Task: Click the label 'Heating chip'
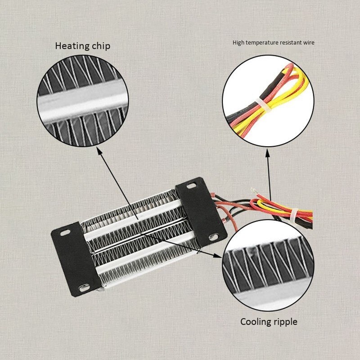(82, 46)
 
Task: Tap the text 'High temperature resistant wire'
(273, 43)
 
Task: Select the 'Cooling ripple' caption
(269, 322)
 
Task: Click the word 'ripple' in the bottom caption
(284, 322)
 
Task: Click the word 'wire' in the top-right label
(309, 43)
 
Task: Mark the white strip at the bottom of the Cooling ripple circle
(269, 301)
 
